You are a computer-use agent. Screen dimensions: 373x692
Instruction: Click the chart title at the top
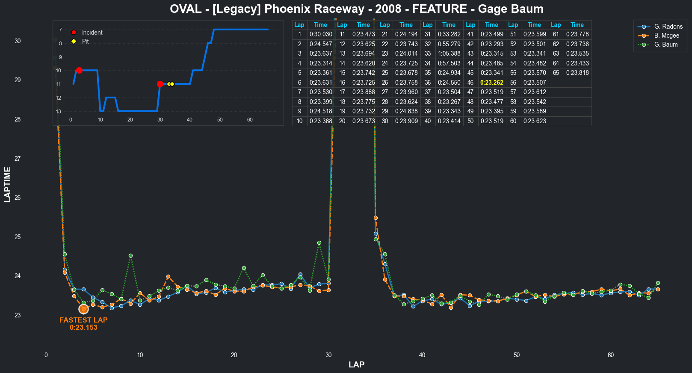click(x=356, y=9)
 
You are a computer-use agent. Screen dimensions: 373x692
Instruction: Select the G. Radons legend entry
click(x=668, y=27)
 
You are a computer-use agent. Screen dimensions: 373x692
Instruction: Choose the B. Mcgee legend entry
click(x=666, y=36)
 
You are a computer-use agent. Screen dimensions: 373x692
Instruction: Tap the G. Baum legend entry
click(x=665, y=44)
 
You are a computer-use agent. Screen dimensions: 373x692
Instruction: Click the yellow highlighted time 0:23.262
click(x=491, y=83)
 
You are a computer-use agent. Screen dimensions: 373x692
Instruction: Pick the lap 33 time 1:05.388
click(x=449, y=53)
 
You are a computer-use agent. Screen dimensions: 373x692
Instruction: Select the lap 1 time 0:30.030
click(x=321, y=34)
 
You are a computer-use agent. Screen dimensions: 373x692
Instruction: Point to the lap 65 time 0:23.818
click(x=577, y=73)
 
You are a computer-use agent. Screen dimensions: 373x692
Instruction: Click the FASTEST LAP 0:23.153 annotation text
click(x=83, y=324)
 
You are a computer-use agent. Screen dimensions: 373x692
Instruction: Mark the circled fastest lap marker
click(x=83, y=309)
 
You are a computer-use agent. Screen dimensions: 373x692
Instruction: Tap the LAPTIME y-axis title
click(x=8, y=184)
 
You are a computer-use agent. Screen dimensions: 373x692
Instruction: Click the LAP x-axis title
click(x=356, y=364)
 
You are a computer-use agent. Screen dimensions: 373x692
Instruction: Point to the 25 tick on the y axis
click(x=18, y=237)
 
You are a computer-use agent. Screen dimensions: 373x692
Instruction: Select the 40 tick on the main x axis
click(x=422, y=355)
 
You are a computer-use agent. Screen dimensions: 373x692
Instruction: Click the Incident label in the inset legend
click(x=92, y=33)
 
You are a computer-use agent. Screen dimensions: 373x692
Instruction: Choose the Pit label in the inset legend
click(x=85, y=41)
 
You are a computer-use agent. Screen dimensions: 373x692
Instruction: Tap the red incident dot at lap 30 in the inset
click(x=160, y=84)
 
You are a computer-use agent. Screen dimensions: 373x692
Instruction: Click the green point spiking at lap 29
click(x=319, y=243)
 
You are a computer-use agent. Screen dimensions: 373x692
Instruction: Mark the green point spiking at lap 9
click(x=130, y=256)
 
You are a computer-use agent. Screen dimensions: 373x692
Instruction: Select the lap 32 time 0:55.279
click(x=449, y=44)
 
